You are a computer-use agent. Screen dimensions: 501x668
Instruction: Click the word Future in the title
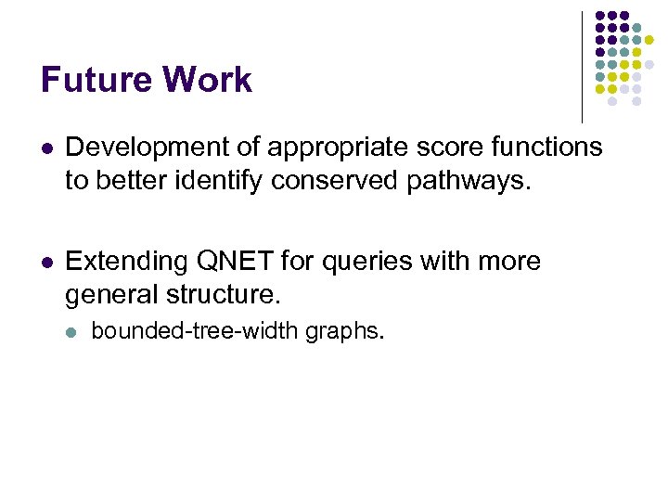[x=96, y=80]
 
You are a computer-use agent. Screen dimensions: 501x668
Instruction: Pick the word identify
[x=221, y=179]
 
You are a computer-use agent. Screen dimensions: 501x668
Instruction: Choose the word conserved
[x=335, y=179]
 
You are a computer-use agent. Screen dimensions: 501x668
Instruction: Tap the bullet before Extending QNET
[x=47, y=263]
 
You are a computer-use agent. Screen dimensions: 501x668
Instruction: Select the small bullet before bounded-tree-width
[x=72, y=331]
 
